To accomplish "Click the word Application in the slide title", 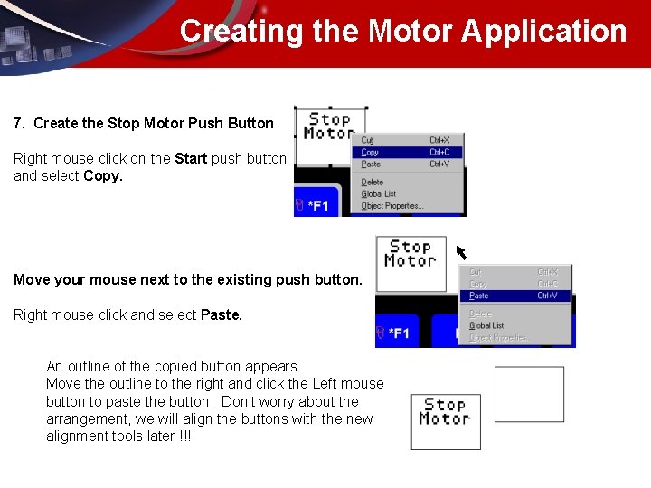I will [544, 31].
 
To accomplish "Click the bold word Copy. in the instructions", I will [103, 176].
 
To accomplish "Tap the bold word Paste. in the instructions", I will [222, 314].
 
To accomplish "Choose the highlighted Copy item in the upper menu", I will [371, 152].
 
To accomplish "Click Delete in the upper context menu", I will [373, 182].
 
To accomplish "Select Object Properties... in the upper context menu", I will [391, 206].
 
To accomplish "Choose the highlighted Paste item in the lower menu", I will [479, 296].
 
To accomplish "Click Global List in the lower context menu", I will [486, 325].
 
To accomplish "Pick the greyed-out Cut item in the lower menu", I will [476, 272].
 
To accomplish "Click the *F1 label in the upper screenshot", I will [317, 206].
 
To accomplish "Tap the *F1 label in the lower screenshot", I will [398, 333].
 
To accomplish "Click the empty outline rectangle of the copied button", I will [529, 394].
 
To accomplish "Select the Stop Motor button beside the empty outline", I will [445, 421].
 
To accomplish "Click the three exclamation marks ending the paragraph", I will [184, 436].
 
